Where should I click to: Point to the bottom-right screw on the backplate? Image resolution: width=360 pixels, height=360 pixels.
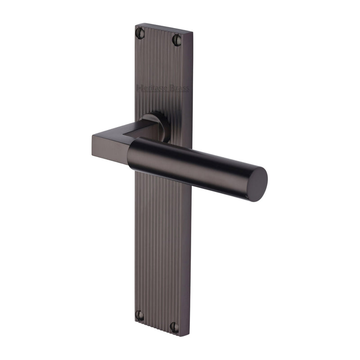174,327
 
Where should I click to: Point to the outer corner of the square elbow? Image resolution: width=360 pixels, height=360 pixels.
93,135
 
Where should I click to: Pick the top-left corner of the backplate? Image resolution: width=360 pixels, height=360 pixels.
135,24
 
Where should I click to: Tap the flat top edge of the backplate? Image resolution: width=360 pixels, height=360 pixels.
164,29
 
